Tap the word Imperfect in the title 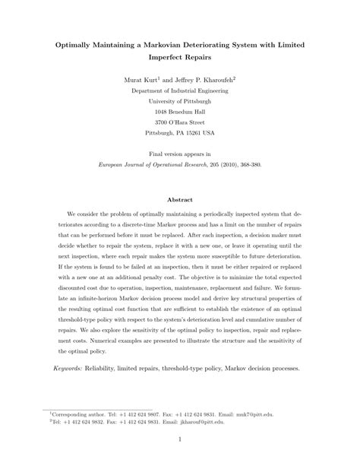161,58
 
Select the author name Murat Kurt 143,79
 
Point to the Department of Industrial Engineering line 180,90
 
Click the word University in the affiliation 163,100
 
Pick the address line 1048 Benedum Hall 180,111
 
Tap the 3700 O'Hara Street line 180,122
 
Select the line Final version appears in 180,153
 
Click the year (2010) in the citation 223,163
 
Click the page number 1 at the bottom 180,440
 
